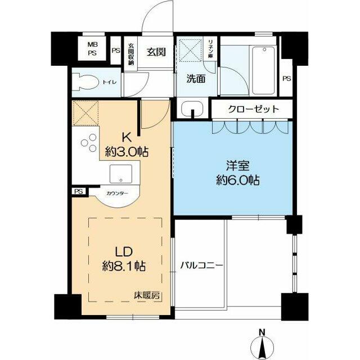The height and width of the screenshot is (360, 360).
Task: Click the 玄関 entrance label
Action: [156, 52]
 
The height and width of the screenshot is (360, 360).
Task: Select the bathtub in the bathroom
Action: [263, 70]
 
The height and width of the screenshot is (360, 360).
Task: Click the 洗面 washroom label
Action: [196, 79]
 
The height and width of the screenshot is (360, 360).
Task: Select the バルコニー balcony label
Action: [201, 264]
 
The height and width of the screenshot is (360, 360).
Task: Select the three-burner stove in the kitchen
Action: [88, 144]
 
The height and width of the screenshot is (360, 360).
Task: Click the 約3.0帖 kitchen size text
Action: [127, 151]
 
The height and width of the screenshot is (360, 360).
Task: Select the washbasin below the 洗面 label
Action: [192, 108]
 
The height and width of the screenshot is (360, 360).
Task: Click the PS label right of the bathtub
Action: [286, 78]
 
